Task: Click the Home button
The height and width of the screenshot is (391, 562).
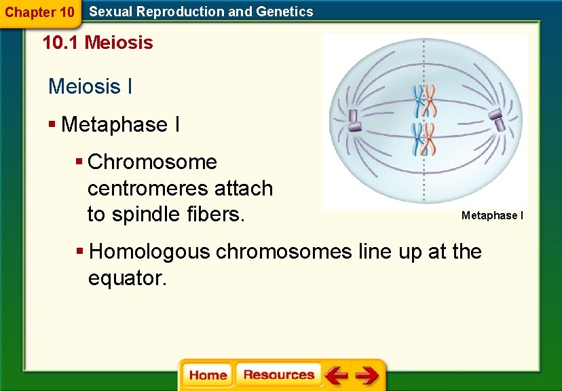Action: tap(208, 375)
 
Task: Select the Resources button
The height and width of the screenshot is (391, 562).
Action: tap(278, 375)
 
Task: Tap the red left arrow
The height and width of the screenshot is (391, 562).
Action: tap(335, 375)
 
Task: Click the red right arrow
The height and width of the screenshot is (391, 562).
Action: tap(367, 375)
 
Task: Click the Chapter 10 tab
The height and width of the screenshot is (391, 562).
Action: tap(39, 12)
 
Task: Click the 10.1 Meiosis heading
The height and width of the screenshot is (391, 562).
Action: tap(98, 43)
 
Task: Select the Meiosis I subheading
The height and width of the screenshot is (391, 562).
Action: tap(90, 87)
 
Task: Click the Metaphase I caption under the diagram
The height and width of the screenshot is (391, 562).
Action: tap(492, 216)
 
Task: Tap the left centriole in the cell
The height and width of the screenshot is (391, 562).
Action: tap(354, 120)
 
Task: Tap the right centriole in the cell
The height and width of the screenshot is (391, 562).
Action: tap(497, 120)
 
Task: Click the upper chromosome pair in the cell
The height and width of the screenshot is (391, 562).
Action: tap(425, 101)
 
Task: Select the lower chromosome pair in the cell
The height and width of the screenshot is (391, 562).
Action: tap(425, 138)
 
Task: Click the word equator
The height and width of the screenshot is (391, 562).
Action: tap(126, 278)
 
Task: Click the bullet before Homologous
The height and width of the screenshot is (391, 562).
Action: tap(80, 252)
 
